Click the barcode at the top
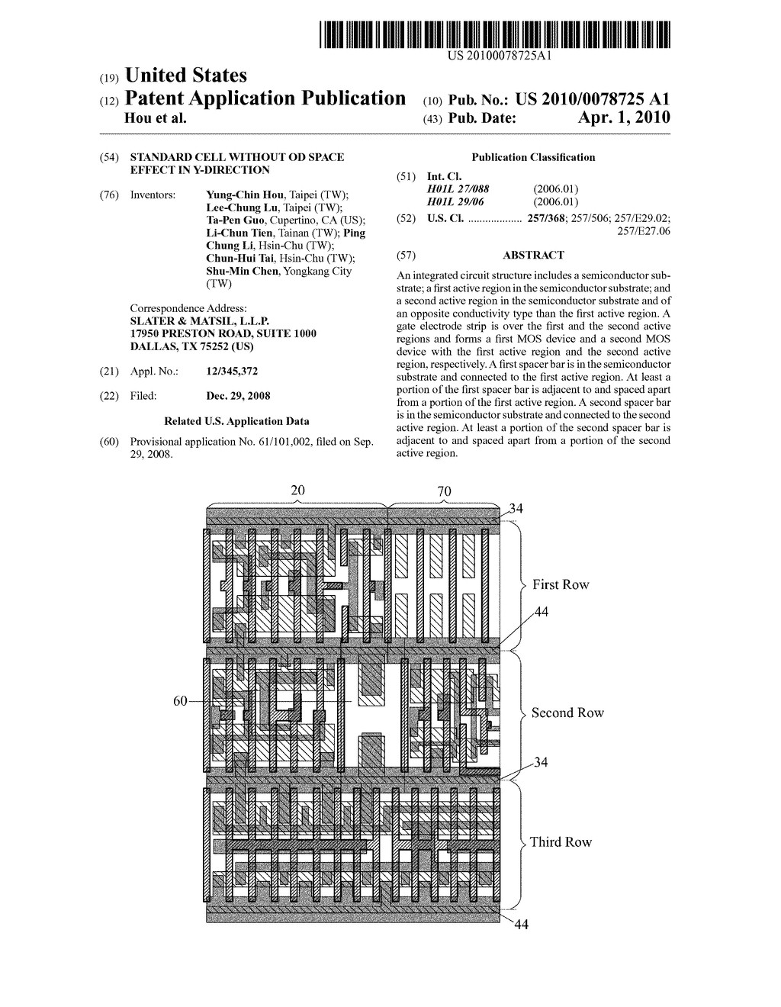(494, 34)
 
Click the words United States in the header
(186, 75)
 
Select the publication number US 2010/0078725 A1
(593, 98)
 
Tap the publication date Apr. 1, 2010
(623, 117)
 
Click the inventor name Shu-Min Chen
(243, 271)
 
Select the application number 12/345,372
(232, 371)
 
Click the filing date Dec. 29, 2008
(238, 396)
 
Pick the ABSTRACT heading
(533, 255)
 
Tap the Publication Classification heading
(533, 157)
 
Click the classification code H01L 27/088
(458, 189)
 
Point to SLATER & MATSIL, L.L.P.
(200, 321)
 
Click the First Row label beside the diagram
(561, 584)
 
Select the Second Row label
(567, 713)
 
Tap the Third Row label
(561, 842)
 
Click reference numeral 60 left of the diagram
(180, 701)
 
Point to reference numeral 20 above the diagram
(297, 491)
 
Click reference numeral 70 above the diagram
(444, 491)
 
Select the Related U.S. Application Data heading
(236, 421)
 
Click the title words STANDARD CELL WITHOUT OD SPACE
(237, 157)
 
